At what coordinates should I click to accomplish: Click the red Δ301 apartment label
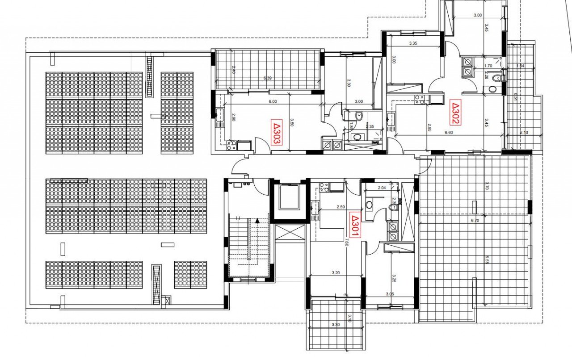pos(353,220)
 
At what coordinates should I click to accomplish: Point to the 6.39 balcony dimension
pos(267,78)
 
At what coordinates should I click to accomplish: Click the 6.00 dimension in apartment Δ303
pos(273,101)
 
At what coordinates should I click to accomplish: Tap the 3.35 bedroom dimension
pos(413,44)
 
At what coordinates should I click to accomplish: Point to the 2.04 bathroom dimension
pos(382,188)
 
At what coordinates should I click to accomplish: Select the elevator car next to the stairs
pos(289,197)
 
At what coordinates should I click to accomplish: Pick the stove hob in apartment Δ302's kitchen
pos(419,100)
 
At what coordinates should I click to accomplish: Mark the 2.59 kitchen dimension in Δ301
pos(340,207)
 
